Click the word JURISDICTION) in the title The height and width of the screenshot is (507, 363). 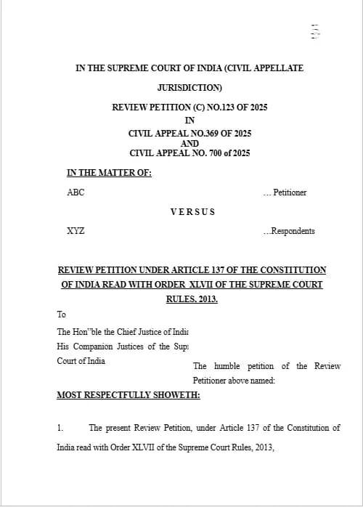pyautogui.click(x=189, y=88)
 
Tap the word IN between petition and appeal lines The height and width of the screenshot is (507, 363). pyautogui.click(x=189, y=121)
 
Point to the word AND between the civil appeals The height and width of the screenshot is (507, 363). pyautogui.click(x=189, y=143)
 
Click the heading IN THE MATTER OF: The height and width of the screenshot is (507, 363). pyautogui.click(x=109, y=173)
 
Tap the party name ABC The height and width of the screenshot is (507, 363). pyautogui.click(x=76, y=192)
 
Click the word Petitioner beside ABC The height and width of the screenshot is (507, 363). pyautogui.click(x=289, y=192)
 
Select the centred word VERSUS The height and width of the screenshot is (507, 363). pyautogui.click(x=192, y=212)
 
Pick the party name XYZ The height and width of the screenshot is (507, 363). pyautogui.click(x=76, y=231)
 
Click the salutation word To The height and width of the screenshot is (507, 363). pyautogui.click(x=62, y=315)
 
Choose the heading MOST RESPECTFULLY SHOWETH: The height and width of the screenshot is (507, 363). pyautogui.click(x=129, y=395)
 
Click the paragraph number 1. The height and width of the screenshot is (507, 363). pyautogui.click(x=60, y=428)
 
